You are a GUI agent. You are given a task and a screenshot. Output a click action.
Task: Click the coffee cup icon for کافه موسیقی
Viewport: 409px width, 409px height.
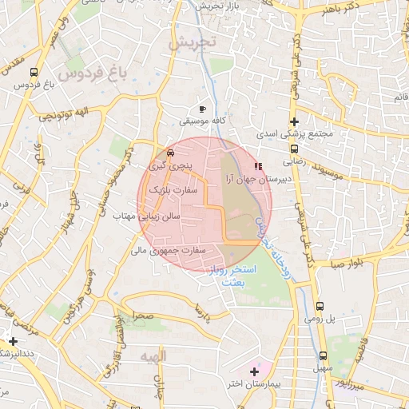(x=202, y=108)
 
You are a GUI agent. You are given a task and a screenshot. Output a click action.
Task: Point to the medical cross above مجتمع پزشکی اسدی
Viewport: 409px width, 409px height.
(x=295, y=122)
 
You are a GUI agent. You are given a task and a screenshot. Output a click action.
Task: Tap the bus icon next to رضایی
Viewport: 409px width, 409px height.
(x=295, y=148)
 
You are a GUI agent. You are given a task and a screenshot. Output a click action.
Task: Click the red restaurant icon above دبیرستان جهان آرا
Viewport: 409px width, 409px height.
(x=257, y=166)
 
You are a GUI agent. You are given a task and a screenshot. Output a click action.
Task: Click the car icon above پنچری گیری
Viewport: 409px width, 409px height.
(x=171, y=153)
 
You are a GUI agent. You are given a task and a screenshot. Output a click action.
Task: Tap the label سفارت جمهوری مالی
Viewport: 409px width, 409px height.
(x=169, y=251)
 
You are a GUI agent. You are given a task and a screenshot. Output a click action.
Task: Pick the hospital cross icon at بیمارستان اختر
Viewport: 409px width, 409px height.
(x=254, y=371)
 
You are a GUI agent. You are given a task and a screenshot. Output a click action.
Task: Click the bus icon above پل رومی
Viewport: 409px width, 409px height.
(x=320, y=306)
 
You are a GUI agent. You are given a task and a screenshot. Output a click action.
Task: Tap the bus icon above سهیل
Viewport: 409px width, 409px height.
(x=324, y=356)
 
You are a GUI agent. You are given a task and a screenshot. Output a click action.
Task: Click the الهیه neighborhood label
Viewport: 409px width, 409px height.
(x=151, y=354)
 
